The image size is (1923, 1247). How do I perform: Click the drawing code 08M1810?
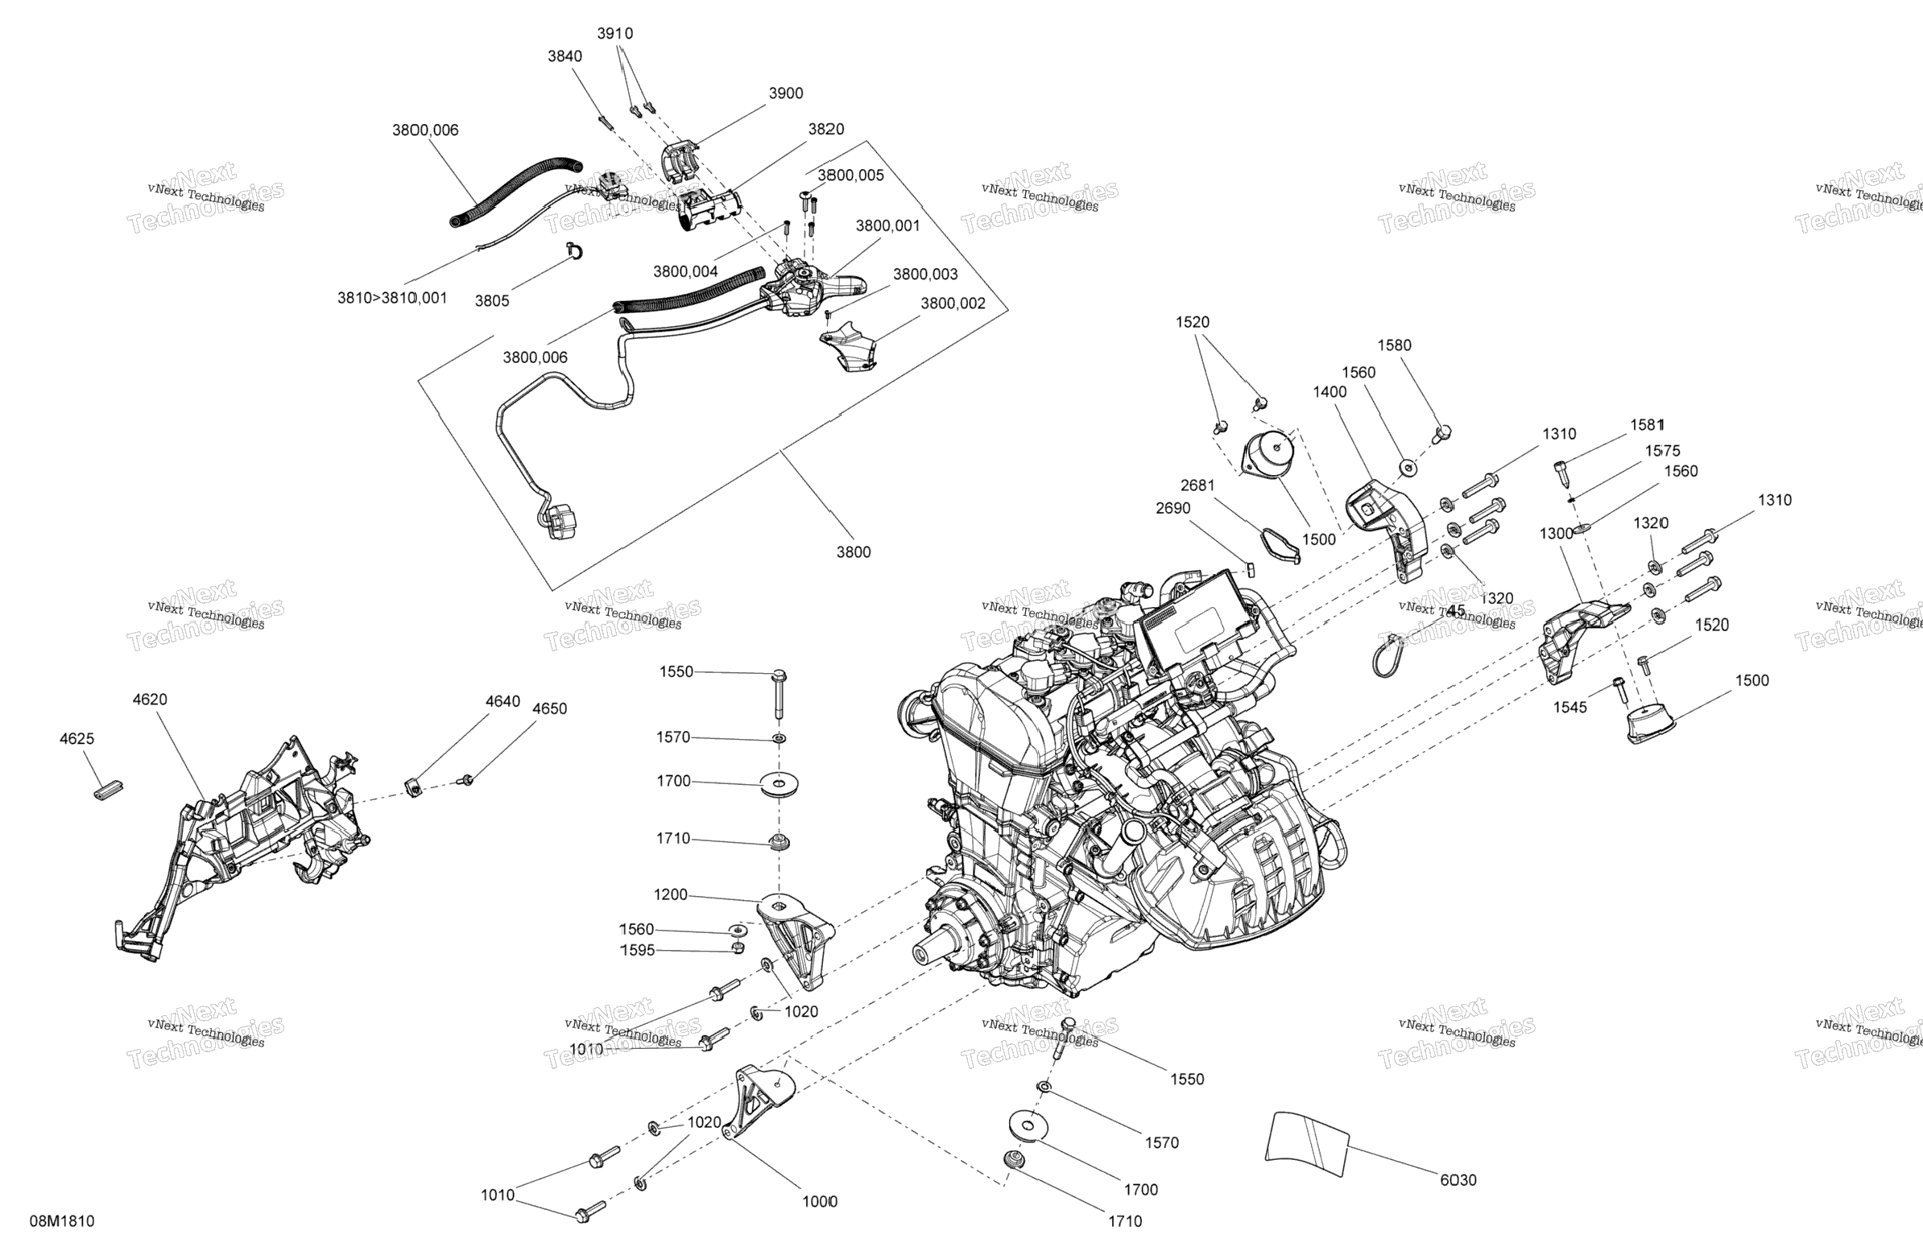tap(62, 1221)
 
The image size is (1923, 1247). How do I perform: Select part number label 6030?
tap(1458, 1180)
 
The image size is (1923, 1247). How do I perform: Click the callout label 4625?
tap(77, 738)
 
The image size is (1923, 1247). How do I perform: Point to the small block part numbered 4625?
tap(106, 790)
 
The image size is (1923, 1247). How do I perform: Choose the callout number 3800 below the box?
tap(854, 551)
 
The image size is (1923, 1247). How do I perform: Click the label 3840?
tap(564, 56)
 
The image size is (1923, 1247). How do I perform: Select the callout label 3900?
tap(785, 93)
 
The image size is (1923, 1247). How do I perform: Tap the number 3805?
tap(492, 300)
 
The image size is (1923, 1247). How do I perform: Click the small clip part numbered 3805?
tap(575, 251)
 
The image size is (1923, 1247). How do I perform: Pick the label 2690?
tap(1173, 508)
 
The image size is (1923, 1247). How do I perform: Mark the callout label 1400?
tap(1330, 392)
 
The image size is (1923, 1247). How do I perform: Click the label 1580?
tap(1394, 345)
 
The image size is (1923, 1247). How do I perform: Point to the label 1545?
tap(1570, 707)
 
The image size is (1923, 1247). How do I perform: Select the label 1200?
tap(671, 894)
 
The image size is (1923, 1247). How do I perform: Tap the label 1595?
tap(638, 950)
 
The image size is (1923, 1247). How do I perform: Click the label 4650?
tap(549, 708)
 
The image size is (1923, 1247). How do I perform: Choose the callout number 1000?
tap(819, 1201)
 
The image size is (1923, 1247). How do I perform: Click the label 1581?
tap(1647, 425)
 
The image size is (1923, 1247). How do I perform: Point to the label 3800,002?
tap(953, 303)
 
